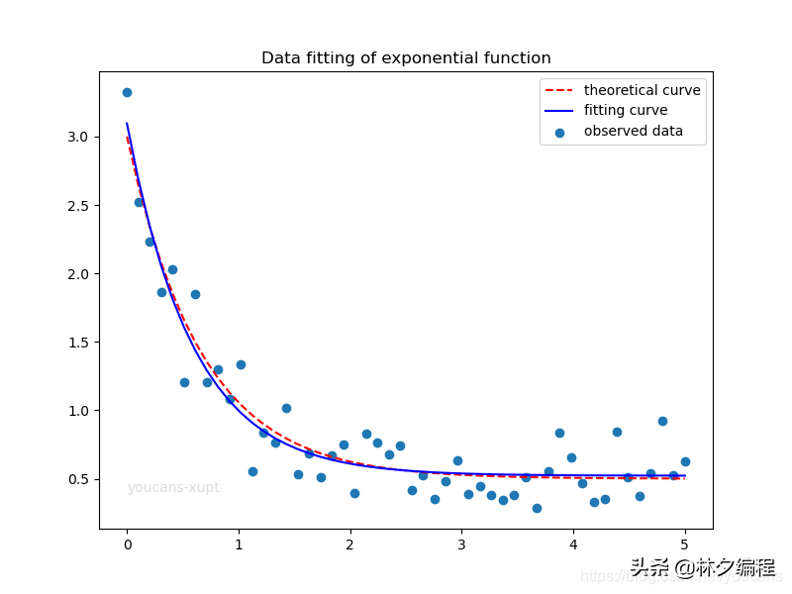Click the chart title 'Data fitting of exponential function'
[406, 58]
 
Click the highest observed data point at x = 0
[127, 92]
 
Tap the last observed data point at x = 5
[685, 461]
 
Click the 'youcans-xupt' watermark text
[173, 488]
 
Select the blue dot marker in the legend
[560, 132]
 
